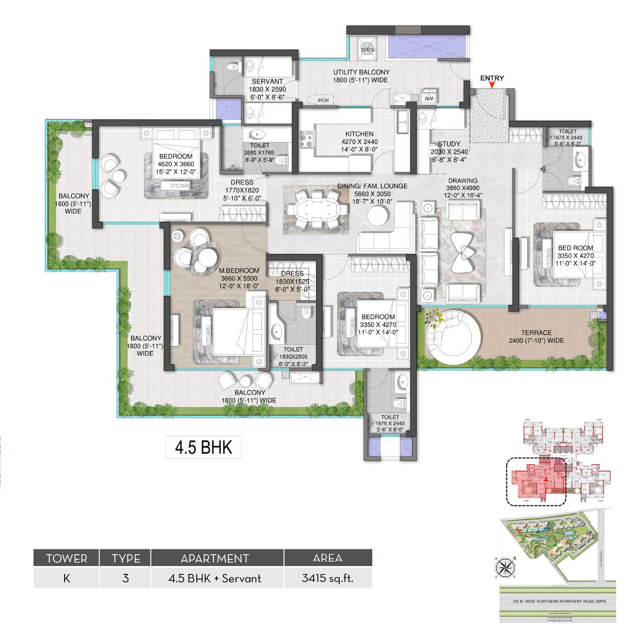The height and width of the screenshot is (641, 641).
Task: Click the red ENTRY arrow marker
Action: click(x=492, y=86)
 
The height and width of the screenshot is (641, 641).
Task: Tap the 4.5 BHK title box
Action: click(x=203, y=448)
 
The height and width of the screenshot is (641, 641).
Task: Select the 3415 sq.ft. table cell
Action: click(x=328, y=578)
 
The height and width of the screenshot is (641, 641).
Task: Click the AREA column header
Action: click(x=328, y=558)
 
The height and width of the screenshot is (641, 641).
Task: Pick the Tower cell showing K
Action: click(x=66, y=578)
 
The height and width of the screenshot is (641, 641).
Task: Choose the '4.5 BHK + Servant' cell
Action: click(x=217, y=578)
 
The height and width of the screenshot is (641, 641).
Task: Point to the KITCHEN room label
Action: click(x=359, y=134)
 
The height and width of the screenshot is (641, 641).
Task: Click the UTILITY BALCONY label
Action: click(x=361, y=72)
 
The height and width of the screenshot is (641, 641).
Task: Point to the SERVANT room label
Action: click(x=267, y=82)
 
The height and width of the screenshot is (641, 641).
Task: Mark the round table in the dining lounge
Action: click(x=381, y=216)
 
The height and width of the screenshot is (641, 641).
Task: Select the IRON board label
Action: click(x=323, y=100)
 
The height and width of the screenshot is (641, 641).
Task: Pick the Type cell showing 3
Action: click(x=125, y=578)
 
